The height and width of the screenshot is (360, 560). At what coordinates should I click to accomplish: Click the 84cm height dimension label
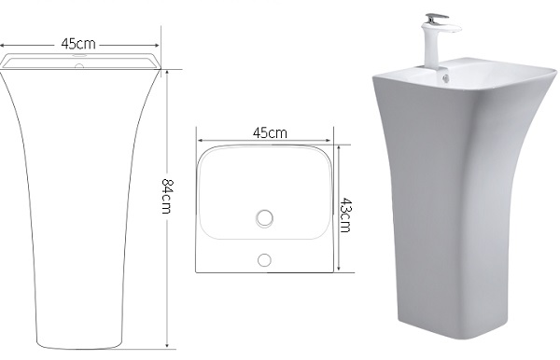pos(167,196)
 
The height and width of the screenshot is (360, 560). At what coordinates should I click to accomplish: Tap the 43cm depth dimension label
pos(345,215)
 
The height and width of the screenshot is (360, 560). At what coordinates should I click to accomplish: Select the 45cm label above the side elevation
pos(78,44)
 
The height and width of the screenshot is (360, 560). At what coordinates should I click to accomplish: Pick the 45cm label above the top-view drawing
pos(270,132)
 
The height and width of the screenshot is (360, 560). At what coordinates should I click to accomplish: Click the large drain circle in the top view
pos(265,218)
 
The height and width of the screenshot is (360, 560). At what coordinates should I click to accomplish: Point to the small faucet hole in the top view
pos(264,260)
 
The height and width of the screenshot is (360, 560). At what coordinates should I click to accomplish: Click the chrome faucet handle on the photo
pos(436,18)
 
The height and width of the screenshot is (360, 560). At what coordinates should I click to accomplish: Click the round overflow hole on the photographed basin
pos(445,77)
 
